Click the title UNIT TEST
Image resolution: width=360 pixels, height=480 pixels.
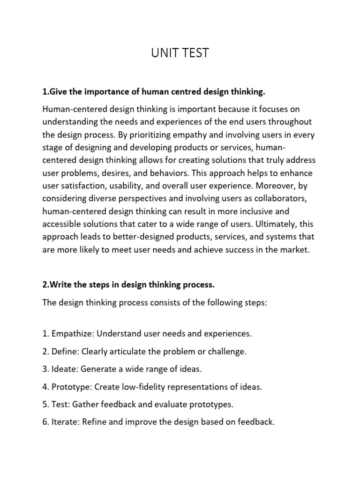(x=180, y=53)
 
